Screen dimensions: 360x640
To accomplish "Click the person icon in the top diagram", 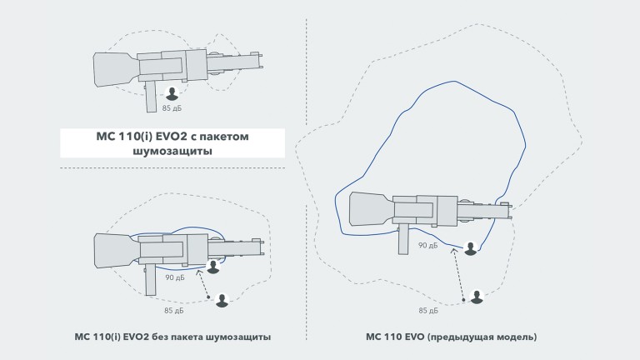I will pos(172,94).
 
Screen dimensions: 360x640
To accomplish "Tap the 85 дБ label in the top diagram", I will pos(172,108).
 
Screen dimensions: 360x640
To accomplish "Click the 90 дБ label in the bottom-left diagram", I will pos(174,277).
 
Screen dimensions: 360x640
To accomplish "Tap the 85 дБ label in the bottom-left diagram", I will pos(174,311).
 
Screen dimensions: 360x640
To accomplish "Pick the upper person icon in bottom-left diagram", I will pos(213,267).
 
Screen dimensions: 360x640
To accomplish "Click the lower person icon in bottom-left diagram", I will pos(222,300).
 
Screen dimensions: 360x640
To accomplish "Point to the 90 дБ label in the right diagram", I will pos(427,246).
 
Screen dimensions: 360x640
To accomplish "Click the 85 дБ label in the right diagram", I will pos(427,311).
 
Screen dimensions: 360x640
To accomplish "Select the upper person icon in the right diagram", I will pos(472,248).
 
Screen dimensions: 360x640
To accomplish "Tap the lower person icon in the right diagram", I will pos(476,297).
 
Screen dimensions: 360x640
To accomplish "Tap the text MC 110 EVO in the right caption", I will pos(396,337).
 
